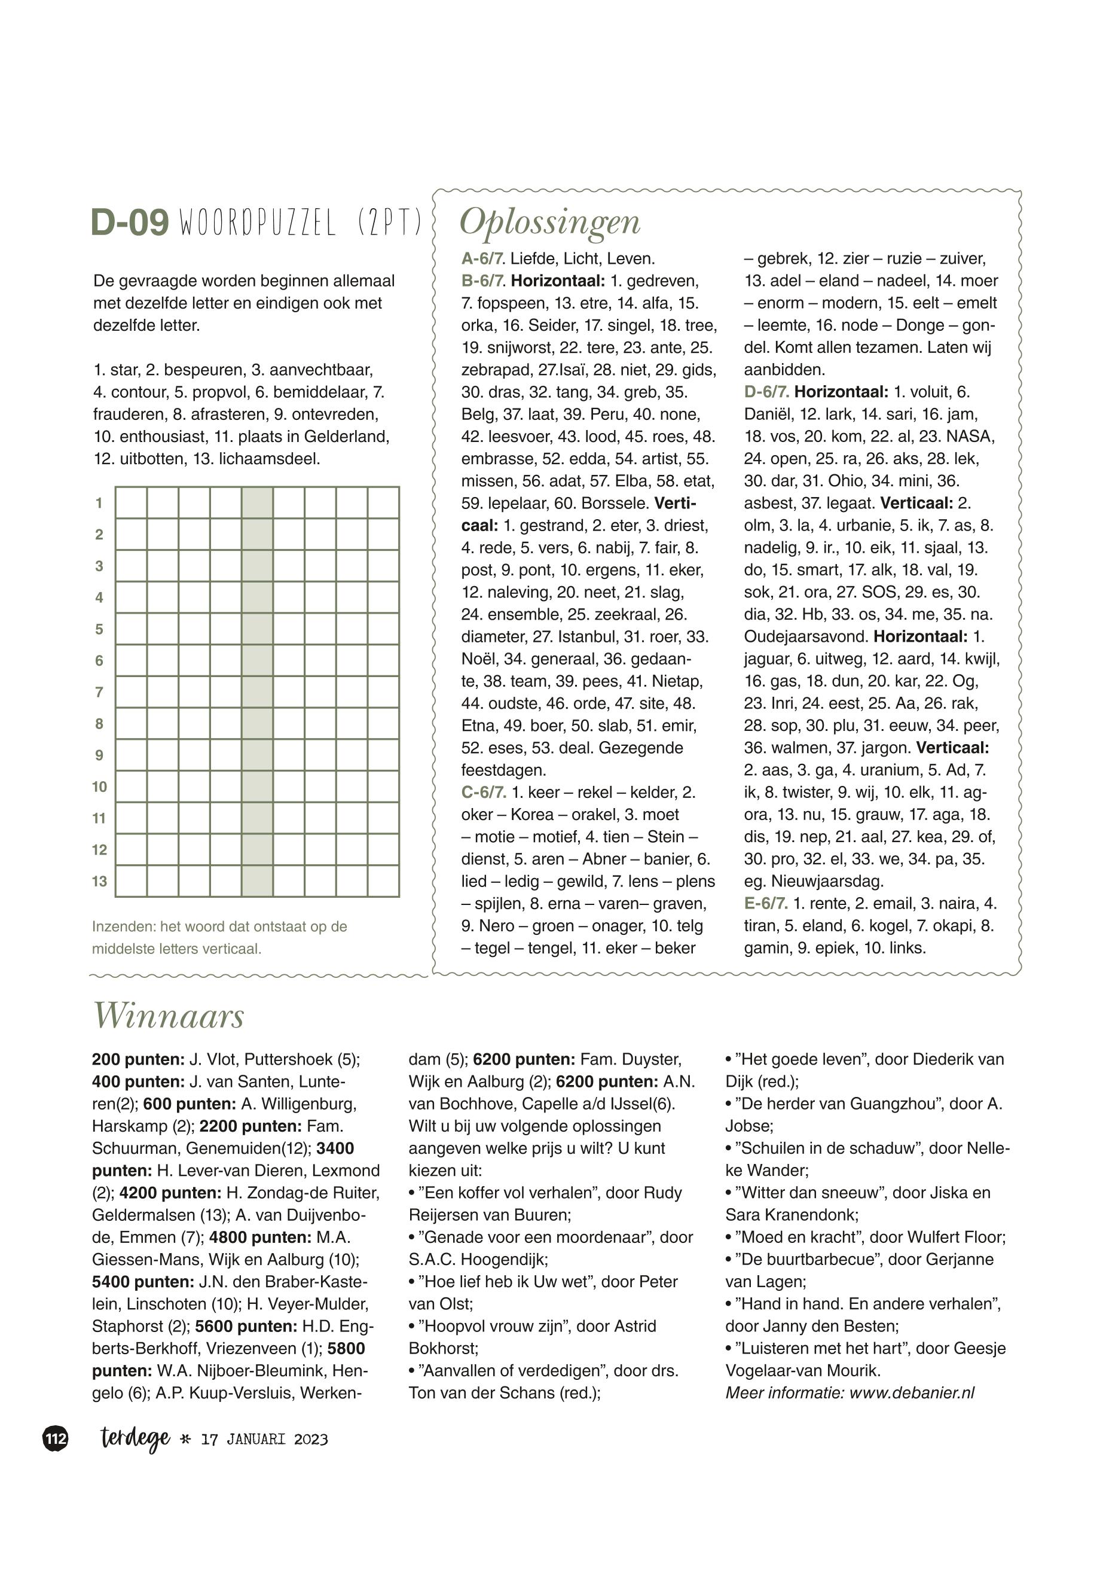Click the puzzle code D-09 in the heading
130,223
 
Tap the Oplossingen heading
550,223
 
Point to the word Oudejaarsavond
805,637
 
